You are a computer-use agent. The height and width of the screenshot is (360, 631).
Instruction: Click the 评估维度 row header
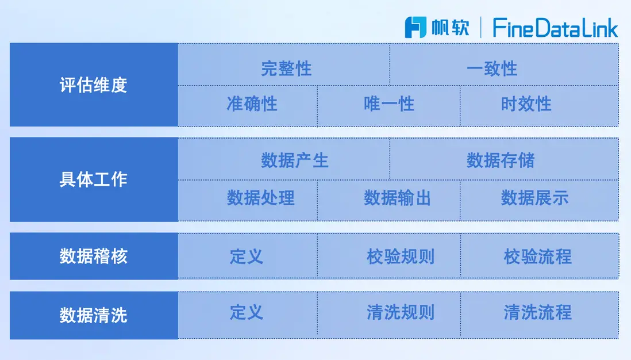tap(94, 85)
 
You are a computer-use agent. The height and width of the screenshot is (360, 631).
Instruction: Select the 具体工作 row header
tap(94, 179)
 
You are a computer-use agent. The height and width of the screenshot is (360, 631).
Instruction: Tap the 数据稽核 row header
tap(94, 256)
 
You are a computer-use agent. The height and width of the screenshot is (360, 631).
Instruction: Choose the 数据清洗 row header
tap(94, 315)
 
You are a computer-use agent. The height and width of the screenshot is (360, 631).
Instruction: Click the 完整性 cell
tap(284, 64)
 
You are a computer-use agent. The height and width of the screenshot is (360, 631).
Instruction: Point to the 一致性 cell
tap(504, 64)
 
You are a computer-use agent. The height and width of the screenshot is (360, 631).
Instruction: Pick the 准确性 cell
tap(248, 106)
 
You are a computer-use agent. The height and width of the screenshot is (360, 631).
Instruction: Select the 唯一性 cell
tap(388, 106)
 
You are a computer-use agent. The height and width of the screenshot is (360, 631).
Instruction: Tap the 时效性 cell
tap(539, 106)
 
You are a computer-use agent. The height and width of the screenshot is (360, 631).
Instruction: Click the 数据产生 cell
tap(284, 159)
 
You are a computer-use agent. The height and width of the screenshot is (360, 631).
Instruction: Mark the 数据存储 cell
tap(504, 159)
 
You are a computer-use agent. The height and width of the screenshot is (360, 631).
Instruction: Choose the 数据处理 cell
tap(248, 201)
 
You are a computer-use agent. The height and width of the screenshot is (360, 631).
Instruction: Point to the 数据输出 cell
tap(388, 201)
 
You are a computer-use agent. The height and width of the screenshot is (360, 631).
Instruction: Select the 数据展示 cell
tap(539, 201)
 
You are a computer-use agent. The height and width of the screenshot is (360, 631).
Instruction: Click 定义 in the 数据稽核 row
tap(247, 256)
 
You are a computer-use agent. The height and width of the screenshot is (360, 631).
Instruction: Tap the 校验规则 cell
tap(388, 256)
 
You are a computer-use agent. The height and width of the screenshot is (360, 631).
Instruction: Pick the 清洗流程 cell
tap(539, 315)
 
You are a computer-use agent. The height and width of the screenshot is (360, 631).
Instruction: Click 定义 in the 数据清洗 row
tap(247, 312)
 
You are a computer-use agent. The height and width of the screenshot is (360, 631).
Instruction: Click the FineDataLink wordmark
tap(555, 28)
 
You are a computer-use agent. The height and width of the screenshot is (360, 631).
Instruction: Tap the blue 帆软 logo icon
tap(415, 28)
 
